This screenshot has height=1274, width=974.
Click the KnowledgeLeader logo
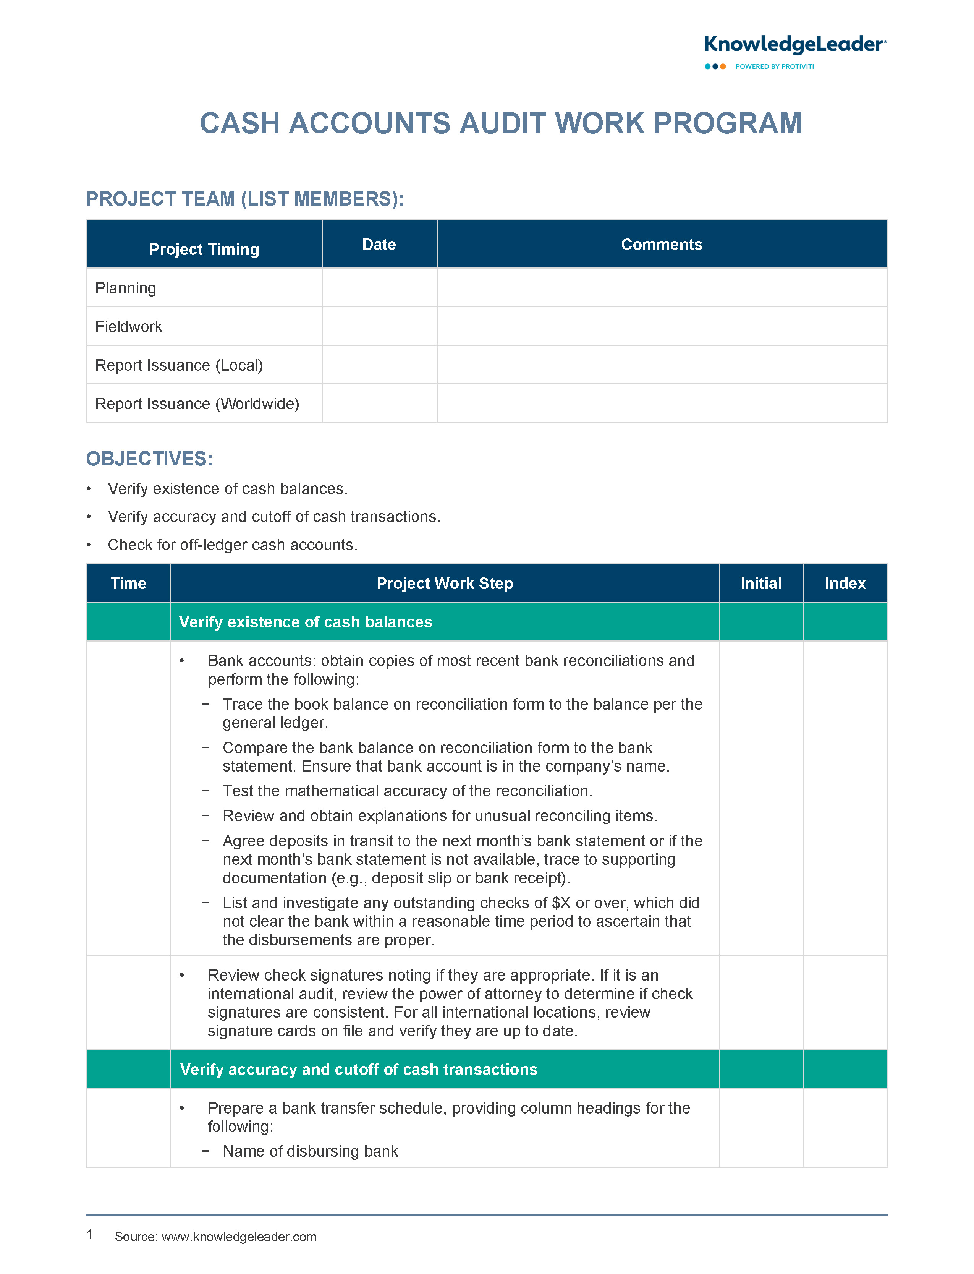click(794, 45)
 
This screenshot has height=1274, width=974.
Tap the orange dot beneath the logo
click(723, 67)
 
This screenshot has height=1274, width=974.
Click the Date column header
click(379, 245)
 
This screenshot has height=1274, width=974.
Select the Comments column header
click(662, 245)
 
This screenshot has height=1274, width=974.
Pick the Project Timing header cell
click(204, 250)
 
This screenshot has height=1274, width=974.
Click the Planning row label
click(126, 288)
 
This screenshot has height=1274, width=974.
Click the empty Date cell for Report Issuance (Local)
click(379, 365)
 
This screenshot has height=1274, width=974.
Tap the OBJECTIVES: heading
click(150, 459)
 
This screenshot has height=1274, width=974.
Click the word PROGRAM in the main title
click(728, 123)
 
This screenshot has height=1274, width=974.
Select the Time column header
click(128, 584)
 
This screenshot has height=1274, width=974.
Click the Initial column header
click(760, 584)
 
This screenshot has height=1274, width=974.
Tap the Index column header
click(845, 584)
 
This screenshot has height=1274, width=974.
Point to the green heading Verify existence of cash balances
click(306, 622)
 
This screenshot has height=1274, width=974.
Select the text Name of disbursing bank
click(310, 1151)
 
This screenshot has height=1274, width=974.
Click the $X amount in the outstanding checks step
click(561, 903)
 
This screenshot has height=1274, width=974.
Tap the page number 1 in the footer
click(90, 1234)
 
